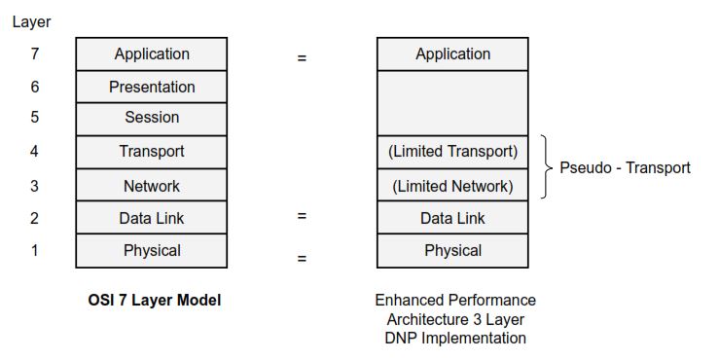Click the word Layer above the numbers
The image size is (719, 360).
tap(31, 20)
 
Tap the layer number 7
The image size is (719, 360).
tap(34, 54)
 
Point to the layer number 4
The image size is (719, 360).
tap(34, 151)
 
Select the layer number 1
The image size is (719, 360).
tap(34, 250)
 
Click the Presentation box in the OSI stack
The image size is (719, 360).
tap(152, 87)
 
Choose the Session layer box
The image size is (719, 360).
tap(152, 118)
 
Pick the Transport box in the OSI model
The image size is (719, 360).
tap(152, 152)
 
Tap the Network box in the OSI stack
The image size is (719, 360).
tap(152, 185)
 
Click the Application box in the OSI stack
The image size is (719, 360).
tap(152, 54)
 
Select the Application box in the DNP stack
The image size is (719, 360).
tap(452, 54)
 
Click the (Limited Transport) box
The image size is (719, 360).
tap(452, 152)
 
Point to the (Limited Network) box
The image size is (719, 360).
tap(452, 185)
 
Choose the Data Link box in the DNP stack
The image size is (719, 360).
tap(452, 218)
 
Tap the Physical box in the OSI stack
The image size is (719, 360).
tap(152, 250)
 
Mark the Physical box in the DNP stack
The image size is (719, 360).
tap(452, 250)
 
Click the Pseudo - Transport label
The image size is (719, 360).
tap(625, 167)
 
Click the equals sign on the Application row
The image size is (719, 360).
tap(302, 57)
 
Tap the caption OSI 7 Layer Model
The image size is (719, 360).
tap(155, 301)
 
